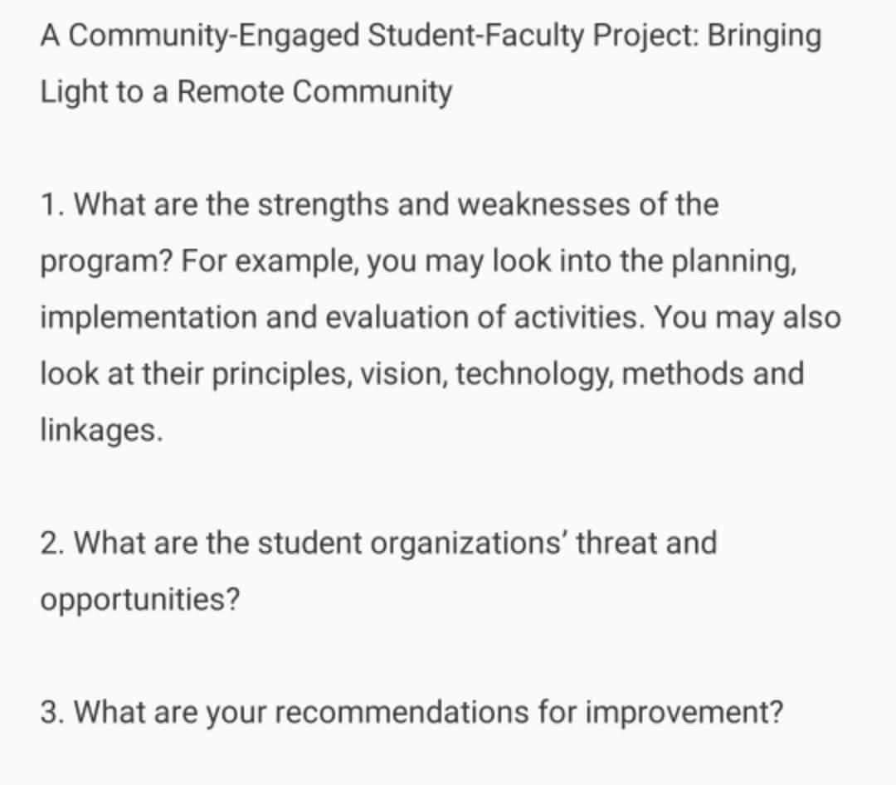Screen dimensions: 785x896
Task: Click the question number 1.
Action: pos(50,204)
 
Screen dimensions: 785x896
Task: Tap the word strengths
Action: pos(325,204)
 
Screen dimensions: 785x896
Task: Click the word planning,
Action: pos(735,261)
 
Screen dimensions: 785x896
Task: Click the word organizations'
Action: pos(469,544)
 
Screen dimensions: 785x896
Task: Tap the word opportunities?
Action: pos(139,600)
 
